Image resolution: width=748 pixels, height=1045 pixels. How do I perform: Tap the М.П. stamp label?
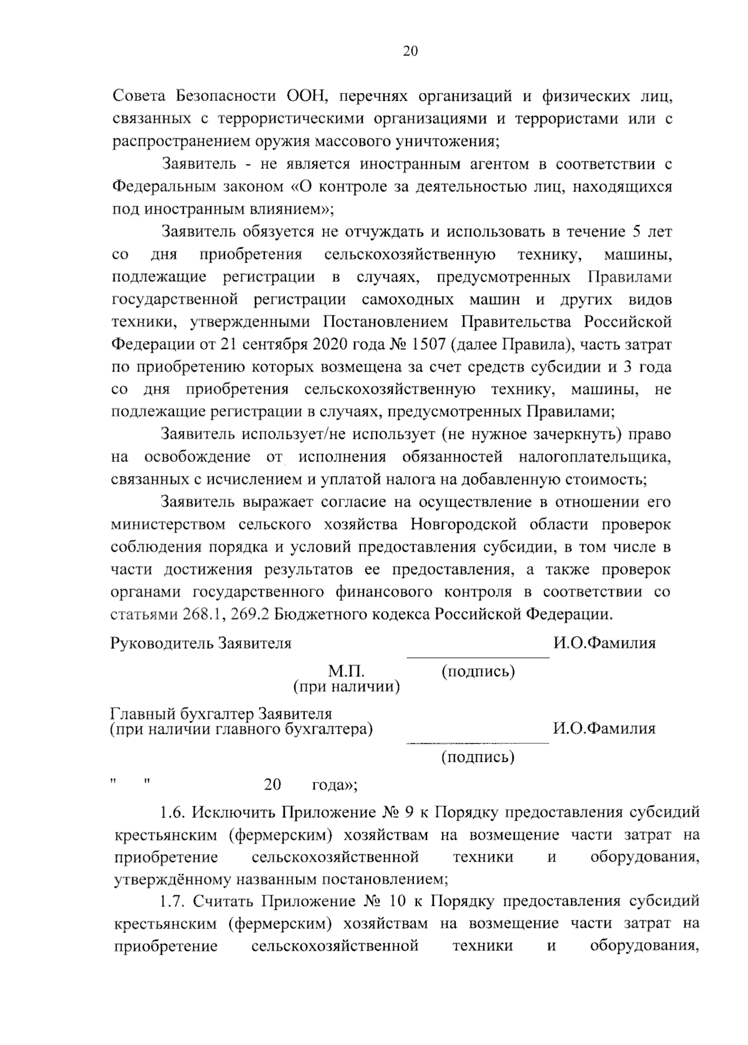coord(346,672)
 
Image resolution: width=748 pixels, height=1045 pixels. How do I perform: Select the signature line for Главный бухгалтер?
coord(477,742)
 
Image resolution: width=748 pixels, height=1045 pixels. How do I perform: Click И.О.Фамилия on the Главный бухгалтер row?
coord(604,728)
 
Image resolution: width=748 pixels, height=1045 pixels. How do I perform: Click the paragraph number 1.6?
coord(172,812)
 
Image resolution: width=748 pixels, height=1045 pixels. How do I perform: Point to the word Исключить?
coord(234,812)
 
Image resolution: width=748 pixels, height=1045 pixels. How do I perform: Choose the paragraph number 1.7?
coord(172,902)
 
